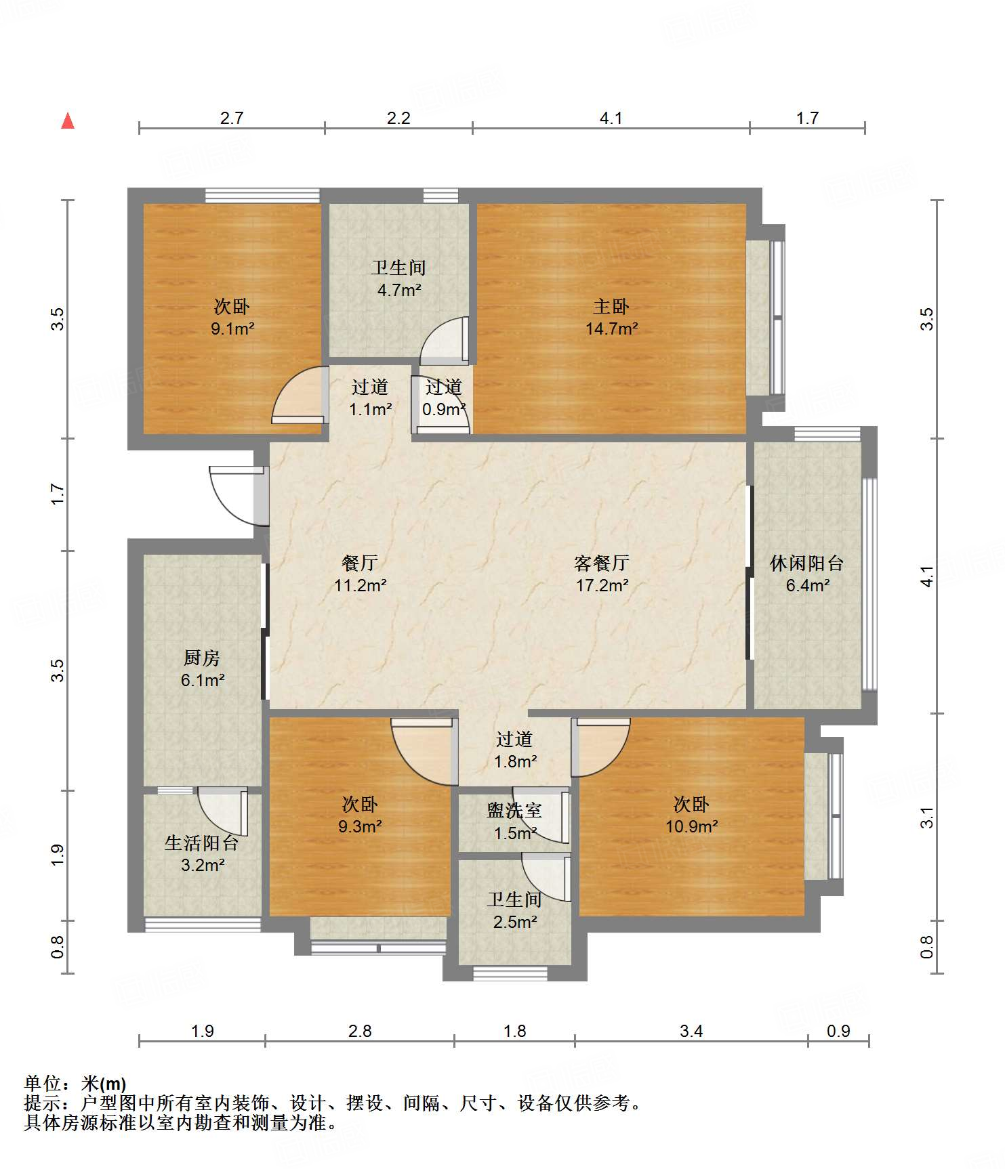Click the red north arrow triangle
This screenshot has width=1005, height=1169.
coord(68,121)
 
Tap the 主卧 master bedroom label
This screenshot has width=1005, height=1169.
coord(611,307)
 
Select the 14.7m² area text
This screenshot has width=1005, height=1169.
coord(611,329)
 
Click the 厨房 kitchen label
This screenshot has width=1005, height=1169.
coord(202,658)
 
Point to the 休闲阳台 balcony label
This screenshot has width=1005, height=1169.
coord(807,563)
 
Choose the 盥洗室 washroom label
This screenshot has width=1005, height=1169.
coord(514,810)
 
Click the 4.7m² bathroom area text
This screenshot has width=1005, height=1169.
coord(399,291)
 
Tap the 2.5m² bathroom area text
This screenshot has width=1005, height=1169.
coord(515,922)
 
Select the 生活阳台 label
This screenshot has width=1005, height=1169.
coord(202,843)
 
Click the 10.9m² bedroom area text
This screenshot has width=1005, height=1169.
coord(691,826)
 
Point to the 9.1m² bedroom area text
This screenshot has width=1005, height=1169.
coord(232,329)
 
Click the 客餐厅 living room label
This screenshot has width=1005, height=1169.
coord(602,563)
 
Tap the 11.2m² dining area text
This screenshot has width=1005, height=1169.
coord(360,585)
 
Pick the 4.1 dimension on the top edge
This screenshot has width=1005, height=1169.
coord(611,119)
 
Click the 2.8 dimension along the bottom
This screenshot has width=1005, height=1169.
coord(360,1031)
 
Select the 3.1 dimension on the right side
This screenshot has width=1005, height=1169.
coord(927,817)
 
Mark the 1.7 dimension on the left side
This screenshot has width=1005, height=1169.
coord(58,494)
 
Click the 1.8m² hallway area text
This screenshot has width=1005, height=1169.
coord(516,762)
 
